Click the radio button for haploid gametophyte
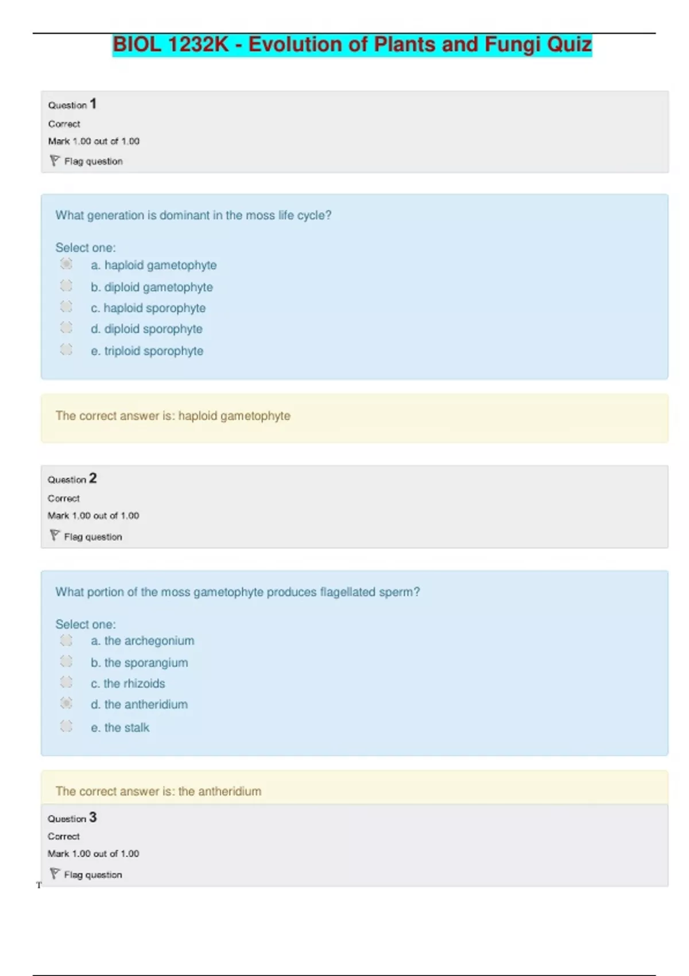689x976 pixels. point(67,264)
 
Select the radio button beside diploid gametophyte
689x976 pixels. point(67,285)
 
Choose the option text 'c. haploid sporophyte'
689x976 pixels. point(148,308)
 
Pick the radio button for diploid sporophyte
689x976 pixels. point(67,328)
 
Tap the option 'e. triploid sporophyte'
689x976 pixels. point(147,351)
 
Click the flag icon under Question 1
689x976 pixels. point(55,161)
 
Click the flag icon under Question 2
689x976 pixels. point(55,536)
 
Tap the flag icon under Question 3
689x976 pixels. point(55,874)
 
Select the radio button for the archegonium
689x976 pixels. point(67,640)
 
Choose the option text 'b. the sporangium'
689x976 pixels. point(140,663)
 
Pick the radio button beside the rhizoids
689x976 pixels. point(67,682)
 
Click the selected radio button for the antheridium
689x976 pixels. point(67,703)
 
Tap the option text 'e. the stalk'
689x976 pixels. point(120,727)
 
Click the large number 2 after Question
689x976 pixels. point(93,478)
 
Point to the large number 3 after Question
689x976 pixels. point(93,817)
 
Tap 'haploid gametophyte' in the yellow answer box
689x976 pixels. point(234,416)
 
